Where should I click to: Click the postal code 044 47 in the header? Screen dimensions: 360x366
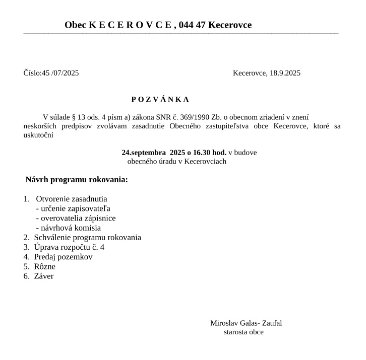point(192,25)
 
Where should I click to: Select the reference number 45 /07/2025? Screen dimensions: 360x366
point(60,73)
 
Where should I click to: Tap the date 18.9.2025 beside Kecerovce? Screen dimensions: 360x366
point(285,73)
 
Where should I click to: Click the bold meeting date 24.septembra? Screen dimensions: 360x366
point(144,152)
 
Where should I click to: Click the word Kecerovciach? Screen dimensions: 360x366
point(205,162)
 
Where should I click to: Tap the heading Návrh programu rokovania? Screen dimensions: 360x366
point(77,180)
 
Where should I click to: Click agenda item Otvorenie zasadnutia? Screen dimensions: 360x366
point(71,199)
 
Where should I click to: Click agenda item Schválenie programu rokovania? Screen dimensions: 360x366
point(87,238)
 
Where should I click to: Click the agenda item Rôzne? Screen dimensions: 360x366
point(44,266)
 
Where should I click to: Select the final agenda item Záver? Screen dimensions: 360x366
point(43,276)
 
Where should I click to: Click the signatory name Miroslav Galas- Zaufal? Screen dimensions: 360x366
point(246,323)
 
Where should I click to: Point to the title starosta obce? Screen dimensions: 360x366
point(243,332)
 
